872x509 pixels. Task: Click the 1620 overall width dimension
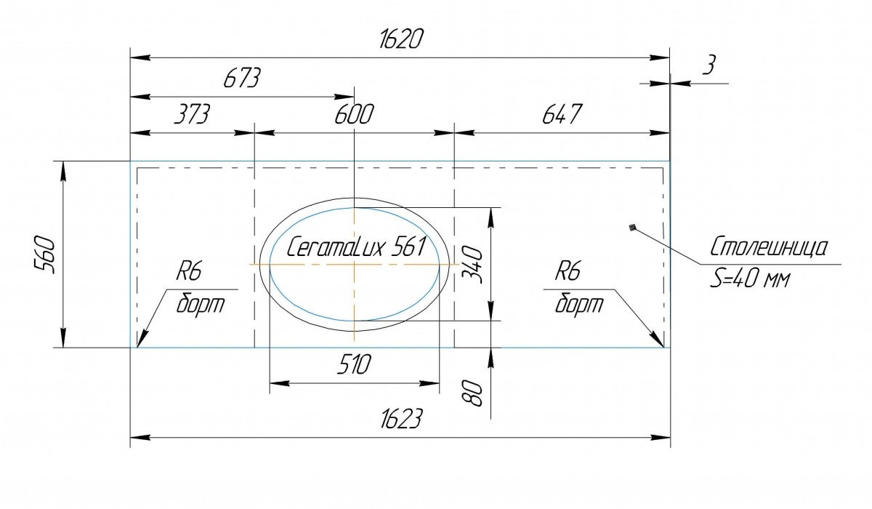(x=400, y=39)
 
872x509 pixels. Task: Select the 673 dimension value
(x=241, y=78)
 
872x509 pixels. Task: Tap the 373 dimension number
(x=192, y=113)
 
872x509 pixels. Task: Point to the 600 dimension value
(x=355, y=113)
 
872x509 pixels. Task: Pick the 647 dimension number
(x=562, y=113)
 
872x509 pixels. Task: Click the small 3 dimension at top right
(x=709, y=65)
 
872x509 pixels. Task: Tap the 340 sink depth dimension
(x=472, y=265)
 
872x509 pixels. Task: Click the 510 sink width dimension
(x=355, y=364)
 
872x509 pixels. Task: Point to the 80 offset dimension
(x=472, y=393)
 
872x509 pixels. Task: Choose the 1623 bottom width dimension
(x=401, y=419)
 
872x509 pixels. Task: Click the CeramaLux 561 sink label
(x=356, y=247)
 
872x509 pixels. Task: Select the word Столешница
(x=770, y=247)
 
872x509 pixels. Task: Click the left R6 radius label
(x=189, y=270)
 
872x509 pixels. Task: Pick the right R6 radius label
(x=568, y=270)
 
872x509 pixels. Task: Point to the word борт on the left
(x=201, y=304)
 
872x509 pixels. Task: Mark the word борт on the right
(x=579, y=304)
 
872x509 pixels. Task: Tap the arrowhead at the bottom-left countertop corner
(x=142, y=338)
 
